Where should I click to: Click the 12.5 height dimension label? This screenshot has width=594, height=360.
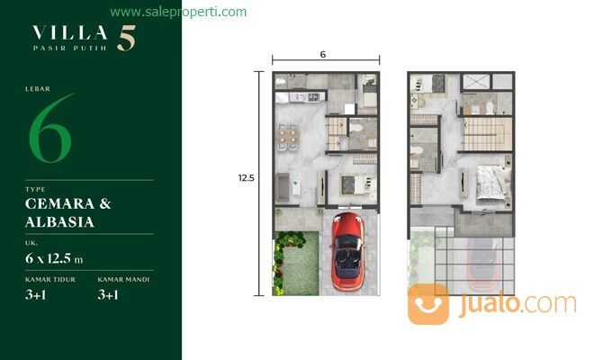(x=247, y=178)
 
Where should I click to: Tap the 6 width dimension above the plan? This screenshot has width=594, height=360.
(x=322, y=55)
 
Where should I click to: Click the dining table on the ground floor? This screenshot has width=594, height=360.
(x=287, y=136)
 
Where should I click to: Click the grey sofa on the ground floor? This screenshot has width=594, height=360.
(x=283, y=185)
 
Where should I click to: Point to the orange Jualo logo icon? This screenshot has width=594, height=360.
(x=427, y=303)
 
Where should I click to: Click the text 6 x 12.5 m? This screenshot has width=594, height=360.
(x=54, y=259)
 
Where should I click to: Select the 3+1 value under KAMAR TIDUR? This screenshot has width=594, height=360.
(x=37, y=292)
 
